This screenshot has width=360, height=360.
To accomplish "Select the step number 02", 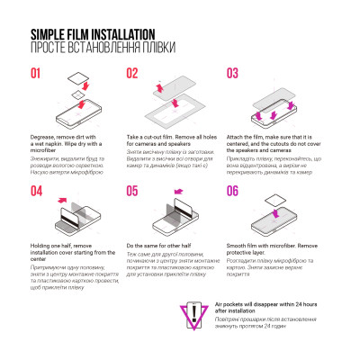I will coord(132,74).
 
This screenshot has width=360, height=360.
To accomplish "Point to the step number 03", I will coord(232,74).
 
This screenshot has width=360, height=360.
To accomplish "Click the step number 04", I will coord(38,191).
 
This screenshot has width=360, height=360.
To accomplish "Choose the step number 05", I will coord(132,191).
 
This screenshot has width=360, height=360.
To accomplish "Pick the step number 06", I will coord(232,191).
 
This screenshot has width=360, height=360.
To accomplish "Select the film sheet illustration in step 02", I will coord(175,104).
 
